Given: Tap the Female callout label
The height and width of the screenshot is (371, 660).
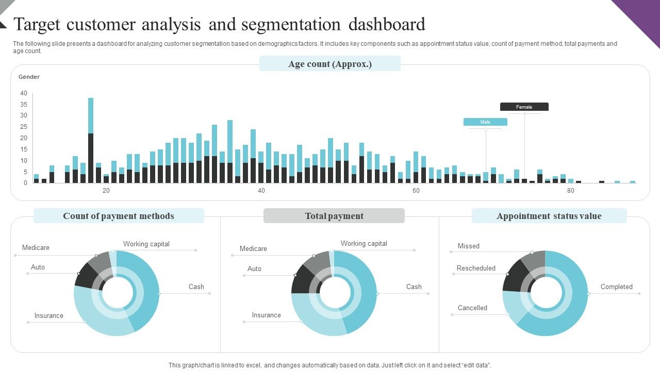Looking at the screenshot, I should [x=524, y=107].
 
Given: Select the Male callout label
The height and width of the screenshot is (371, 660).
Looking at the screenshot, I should [x=485, y=122].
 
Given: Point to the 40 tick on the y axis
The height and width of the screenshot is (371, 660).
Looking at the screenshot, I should [x=24, y=93].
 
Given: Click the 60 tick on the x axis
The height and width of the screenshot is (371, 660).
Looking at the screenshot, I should [x=416, y=191].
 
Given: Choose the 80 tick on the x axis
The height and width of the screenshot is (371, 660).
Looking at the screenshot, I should [x=571, y=191].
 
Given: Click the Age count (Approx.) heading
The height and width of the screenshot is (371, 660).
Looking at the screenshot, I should [x=330, y=64].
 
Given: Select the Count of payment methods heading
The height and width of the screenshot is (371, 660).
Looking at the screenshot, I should [x=119, y=216].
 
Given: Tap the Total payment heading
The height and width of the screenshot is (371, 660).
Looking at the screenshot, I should [x=334, y=216].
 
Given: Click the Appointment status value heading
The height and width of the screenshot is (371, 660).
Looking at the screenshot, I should [x=549, y=216].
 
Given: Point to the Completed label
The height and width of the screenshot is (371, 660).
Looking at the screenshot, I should [x=616, y=287].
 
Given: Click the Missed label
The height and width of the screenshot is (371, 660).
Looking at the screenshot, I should [x=469, y=246].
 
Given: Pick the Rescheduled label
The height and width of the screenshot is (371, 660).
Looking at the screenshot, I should [x=476, y=268].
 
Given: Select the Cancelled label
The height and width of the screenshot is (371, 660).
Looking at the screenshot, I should [x=472, y=308].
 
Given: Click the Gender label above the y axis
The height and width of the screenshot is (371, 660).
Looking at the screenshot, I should [x=29, y=77].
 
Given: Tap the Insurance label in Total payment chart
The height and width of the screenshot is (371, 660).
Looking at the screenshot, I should [x=267, y=315].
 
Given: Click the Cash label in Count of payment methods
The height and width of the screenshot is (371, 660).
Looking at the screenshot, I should [x=196, y=287].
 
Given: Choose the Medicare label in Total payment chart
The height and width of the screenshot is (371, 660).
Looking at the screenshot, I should [x=253, y=249].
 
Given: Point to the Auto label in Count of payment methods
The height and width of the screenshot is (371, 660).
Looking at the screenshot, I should [x=38, y=267].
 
